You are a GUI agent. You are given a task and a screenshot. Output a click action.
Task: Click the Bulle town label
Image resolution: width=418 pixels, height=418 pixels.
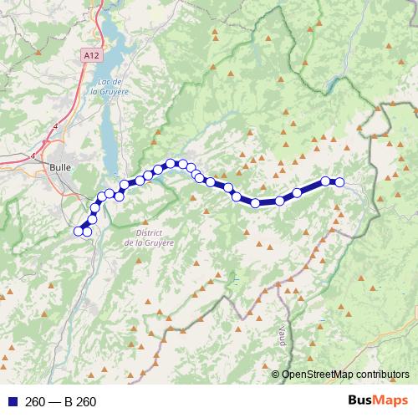point(60,166)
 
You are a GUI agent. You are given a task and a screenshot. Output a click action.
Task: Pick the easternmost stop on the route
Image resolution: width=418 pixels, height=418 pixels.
point(339,182)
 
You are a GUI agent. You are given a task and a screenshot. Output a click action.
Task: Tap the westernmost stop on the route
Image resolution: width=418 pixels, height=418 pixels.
point(79,231)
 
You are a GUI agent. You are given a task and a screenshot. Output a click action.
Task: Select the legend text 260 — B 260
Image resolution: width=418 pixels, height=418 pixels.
point(61,402)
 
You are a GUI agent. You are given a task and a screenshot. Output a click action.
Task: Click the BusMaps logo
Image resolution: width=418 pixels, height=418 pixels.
point(379,400)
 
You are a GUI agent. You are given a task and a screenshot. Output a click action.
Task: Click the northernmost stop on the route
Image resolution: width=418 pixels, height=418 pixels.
point(171,164)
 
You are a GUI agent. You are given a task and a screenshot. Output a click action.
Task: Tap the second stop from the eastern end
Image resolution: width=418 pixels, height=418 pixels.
point(325,181)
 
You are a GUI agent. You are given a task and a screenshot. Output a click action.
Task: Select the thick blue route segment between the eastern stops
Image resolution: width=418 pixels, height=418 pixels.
point(311,187)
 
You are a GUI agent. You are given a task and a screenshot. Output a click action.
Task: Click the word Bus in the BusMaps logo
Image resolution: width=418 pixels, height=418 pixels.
point(362,400)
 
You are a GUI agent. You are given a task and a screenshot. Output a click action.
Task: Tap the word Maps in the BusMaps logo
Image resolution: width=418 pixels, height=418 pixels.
point(391,400)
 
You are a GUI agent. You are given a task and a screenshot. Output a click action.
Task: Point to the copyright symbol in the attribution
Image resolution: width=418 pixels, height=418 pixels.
point(276,374)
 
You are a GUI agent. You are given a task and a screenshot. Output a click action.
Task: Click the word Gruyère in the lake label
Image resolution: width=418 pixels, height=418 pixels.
point(115,91)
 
